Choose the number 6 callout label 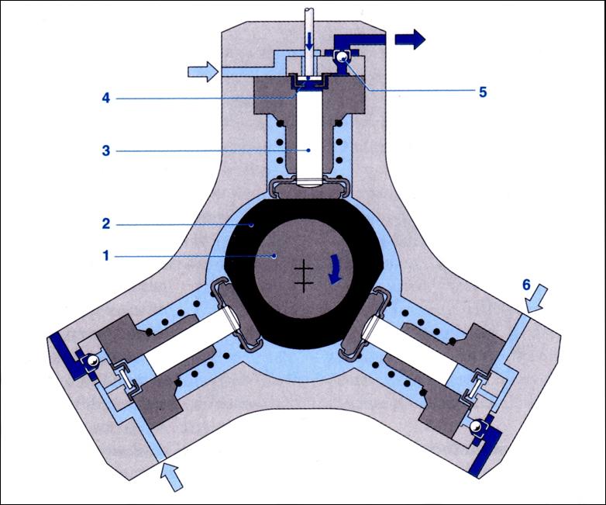tap(526, 284)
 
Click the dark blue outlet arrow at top tap(409, 38)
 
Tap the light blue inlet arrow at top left tap(204, 72)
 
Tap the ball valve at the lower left tap(91, 358)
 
